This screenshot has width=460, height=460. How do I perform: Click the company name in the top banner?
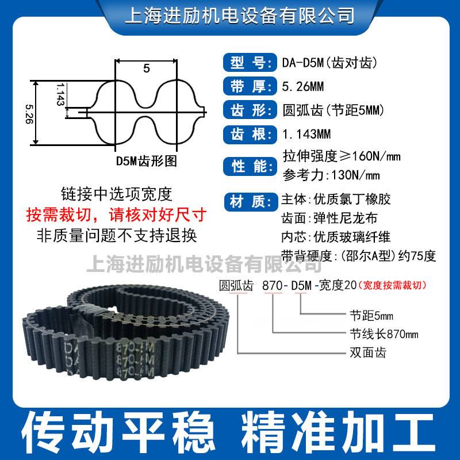(230, 14)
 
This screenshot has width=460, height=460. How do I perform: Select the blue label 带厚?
(246, 86)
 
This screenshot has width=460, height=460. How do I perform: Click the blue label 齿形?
(246, 110)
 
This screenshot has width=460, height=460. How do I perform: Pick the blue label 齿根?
(246, 135)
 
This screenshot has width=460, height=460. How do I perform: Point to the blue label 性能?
(246, 167)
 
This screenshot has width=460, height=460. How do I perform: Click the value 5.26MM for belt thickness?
(304, 87)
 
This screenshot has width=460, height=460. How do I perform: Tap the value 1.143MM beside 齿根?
(307, 135)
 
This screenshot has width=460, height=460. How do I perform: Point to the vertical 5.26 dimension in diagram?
(29, 112)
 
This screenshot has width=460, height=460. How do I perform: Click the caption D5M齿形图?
(146, 162)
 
